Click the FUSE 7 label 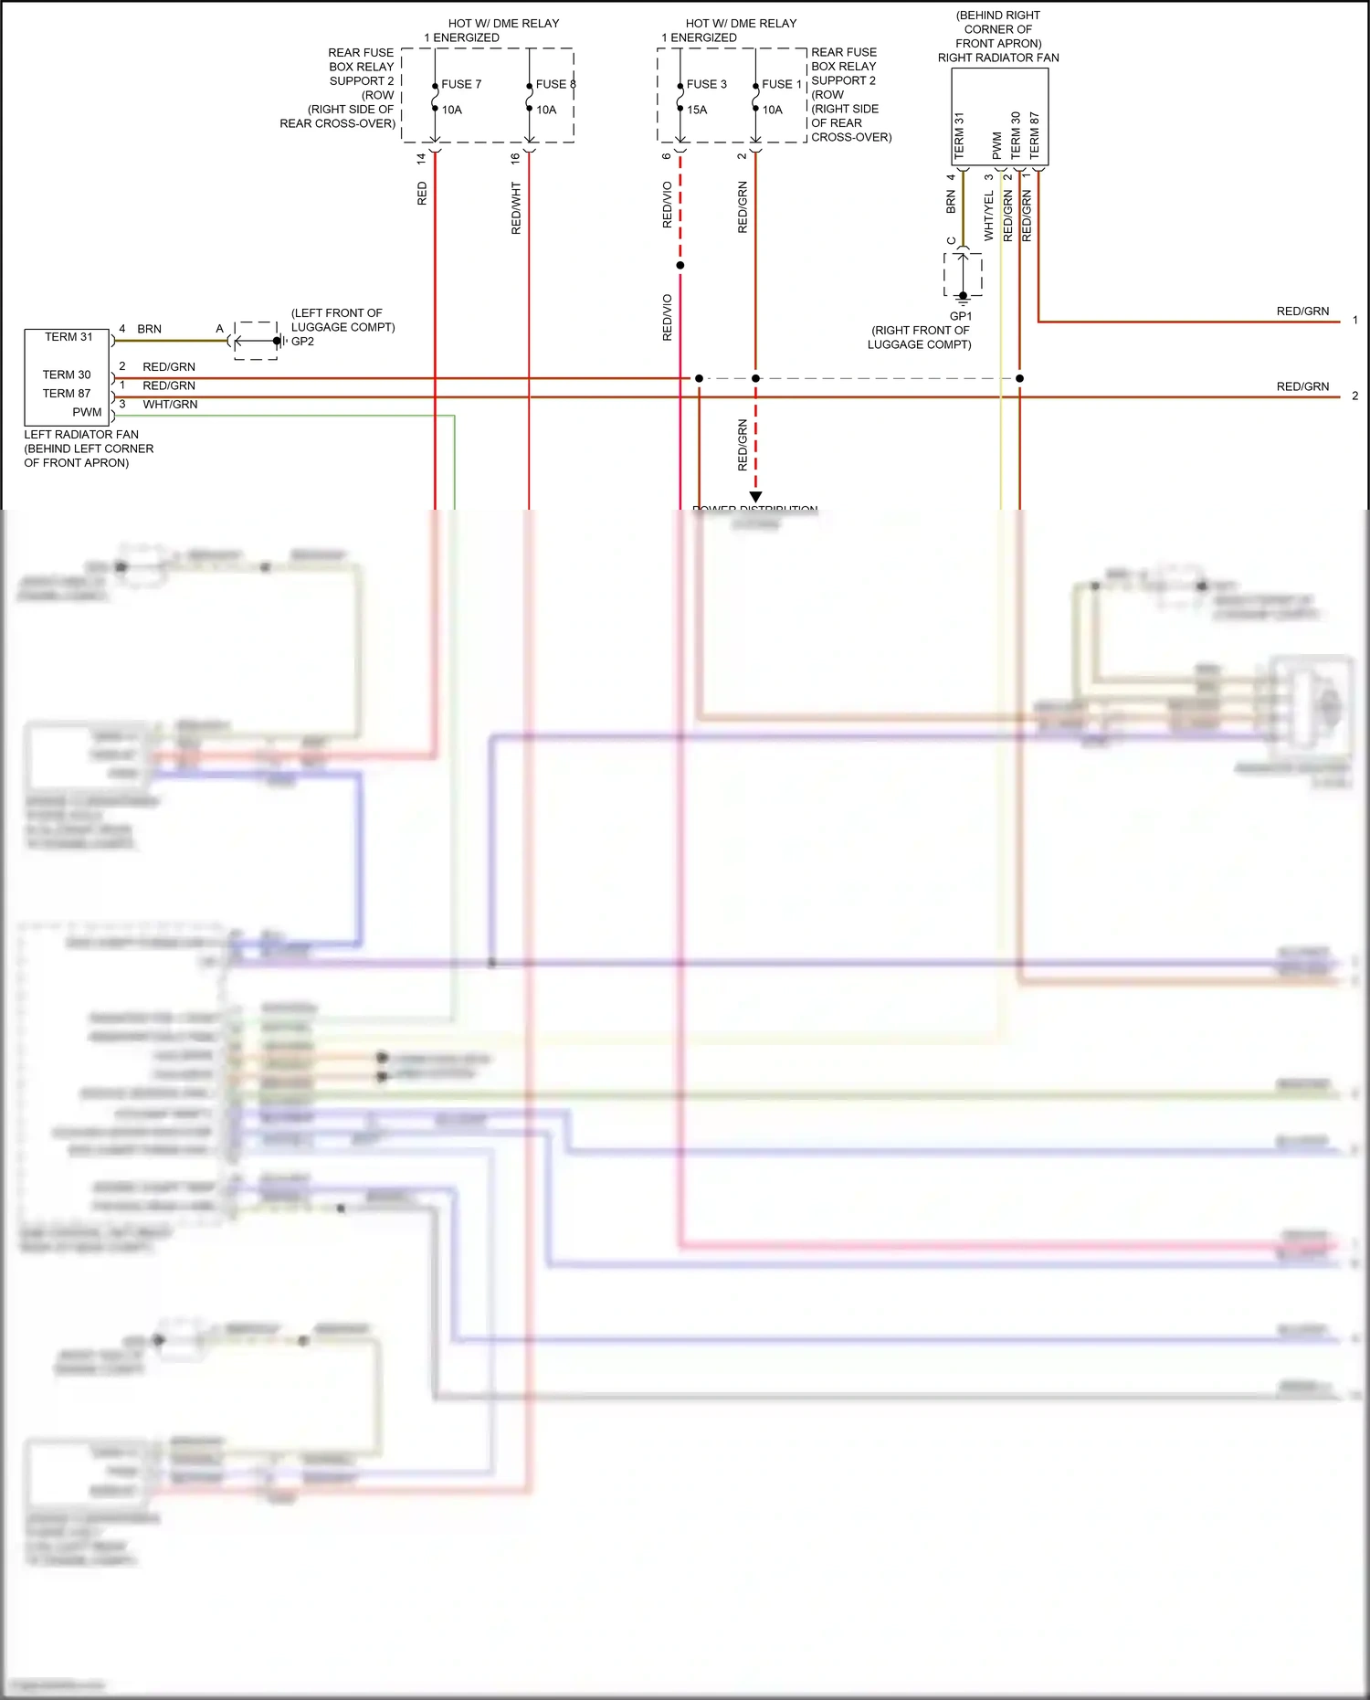[x=461, y=84]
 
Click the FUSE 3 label [x=707, y=84]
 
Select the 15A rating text [x=697, y=110]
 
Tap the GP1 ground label [x=961, y=316]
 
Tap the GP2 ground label [x=302, y=342]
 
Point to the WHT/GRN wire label [x=170, y=405]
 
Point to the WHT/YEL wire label [x=989, y=216]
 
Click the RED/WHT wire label [x=516, y=208]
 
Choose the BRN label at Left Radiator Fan [x=149, y=329]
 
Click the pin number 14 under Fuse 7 [x=421, y=158]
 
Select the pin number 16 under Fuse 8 [x=515, y=158]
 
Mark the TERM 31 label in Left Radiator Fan [x=68, y=337]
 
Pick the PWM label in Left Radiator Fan [x=87, y=412]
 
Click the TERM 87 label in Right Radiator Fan [x=1035, y=135]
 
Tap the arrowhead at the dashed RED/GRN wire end [x=755, y=497]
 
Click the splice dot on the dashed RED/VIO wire [x=680, y=266]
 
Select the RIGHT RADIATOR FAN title [x=998, y=58]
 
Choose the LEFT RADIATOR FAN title [x=81, y=435]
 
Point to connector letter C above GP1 [x=952, y=241]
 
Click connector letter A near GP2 [x=219, y=329]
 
